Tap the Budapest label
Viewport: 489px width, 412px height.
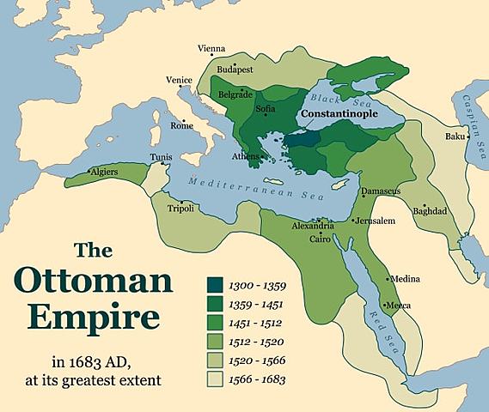[235, 68]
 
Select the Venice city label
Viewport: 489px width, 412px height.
[178, 80]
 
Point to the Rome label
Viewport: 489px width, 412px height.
[181, 125]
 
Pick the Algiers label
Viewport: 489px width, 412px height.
[101, 172]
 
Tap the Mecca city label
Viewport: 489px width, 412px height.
[398, 306]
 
